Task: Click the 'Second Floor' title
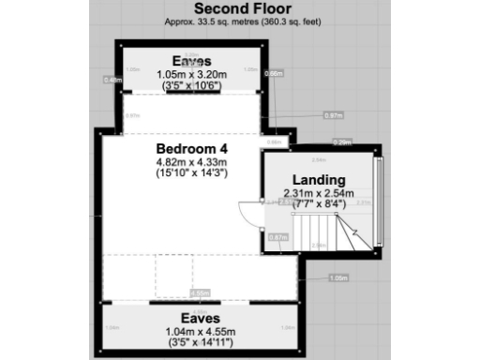pyautogui.click(x=239, y=8)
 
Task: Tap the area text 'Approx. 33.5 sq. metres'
pyautogui.click(x=207, y=21)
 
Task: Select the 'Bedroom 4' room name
pyautogui.click(x=192, y=149)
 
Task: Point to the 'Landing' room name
pyautogui.click(x=319, y=180)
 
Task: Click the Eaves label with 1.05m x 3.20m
pyautogui.click(x=191, y=61)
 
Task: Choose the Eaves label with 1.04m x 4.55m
pyautogui.click(x=192, y=320)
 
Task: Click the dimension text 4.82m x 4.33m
pyautogui.click(x=192, y=161)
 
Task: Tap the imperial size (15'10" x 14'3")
pyautogui.click(x=192, y=172)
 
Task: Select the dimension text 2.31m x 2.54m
pyautogui.click(x=320, y=194)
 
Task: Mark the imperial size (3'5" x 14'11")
pyautogui.click(x=192, y=344)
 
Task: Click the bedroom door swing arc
pyautogui.click(x=247, y=216)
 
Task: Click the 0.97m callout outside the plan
pyautogui.click(x=333, y=115)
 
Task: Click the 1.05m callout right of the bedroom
pyautogui.click(x=338, y=277)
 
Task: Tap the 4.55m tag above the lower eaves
pyautogui.click(x=199, y=293)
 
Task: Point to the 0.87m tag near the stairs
pyautogui.click(x=277, y=238)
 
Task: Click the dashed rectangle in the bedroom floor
pyautogui.click(x=174, y=276)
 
